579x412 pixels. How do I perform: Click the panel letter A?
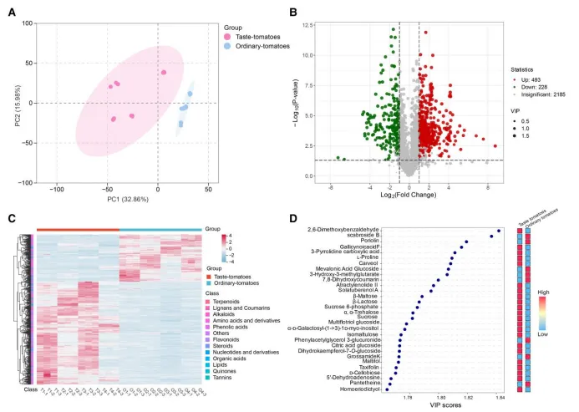[13, 12]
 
